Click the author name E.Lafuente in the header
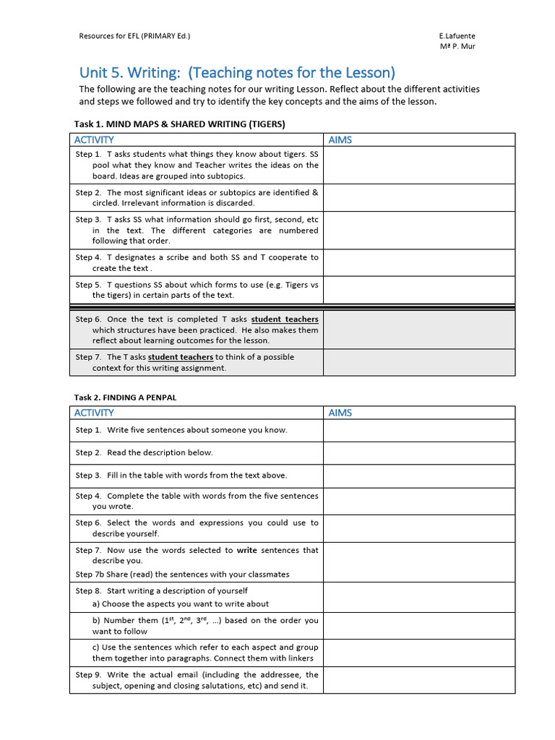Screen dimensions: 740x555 tap(457, 35)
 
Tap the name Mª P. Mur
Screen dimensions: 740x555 tap(457, 46)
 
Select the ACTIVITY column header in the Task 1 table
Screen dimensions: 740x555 tap(93, 139)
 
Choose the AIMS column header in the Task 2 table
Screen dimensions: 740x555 tap(340, 413)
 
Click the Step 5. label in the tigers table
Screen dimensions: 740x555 tap(88, 285)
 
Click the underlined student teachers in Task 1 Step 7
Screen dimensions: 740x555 tap(181, 357)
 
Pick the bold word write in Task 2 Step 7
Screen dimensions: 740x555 tap(246, 550)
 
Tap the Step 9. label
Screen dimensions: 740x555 tap(88, 674)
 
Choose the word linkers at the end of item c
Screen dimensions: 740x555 tap(299, 658)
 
